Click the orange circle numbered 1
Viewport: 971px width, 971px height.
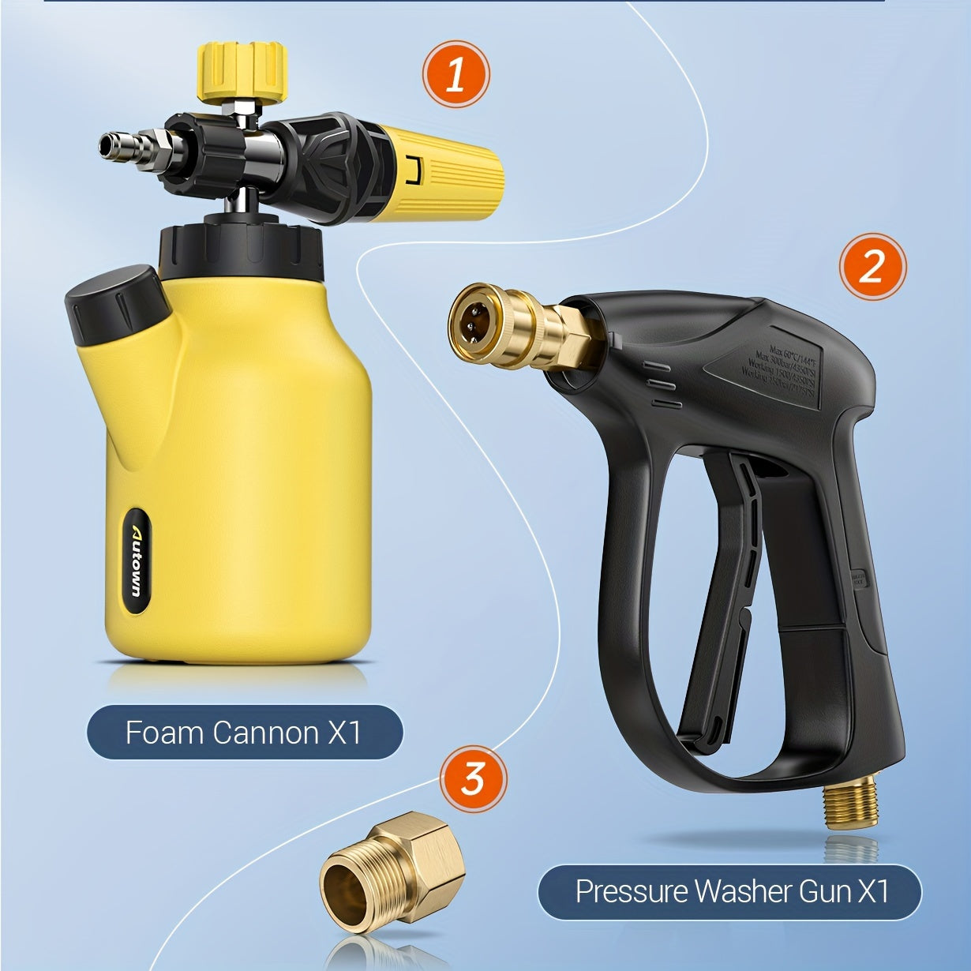[456, 75]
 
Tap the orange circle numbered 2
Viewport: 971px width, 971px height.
[872, 267]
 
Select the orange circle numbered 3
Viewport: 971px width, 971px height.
[472, 779]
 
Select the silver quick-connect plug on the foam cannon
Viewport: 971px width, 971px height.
[126, 145]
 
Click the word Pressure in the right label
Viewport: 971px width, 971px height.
[631, 891]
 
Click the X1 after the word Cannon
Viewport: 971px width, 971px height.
[343, 733]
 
